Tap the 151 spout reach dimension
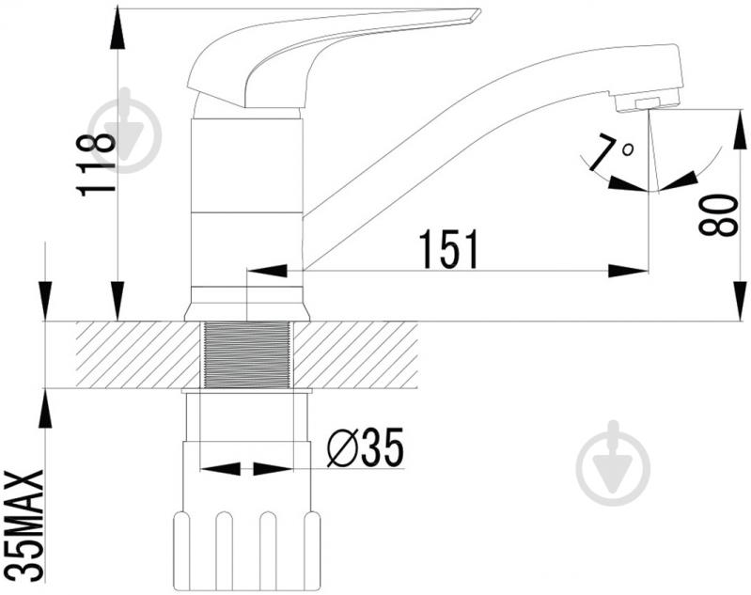pyautogui.click(x=448, y=249)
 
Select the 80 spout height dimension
pyautogui.click(x=718, y=214)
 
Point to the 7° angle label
pyautogui.click(x=611, y=153)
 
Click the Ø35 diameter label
pyautogui.click(x=366, y=447)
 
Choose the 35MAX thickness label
pyautogui.click(x=24, y=525)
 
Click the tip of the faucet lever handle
pyautogui.click(x=478, y=11)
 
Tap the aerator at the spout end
pyautogui.click(x=648, y=102)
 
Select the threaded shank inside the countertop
pyautogui.click(x=246, y=354)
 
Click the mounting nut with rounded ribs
pyautogui.click(x=246, y=551)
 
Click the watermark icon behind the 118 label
pyautogui.click(x=127, y=131)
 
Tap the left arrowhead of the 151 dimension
pyautogui.click(x=266, y=271)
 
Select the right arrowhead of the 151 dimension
pyautogui.click(x=629, y=271)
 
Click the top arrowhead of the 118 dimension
pyautogui.click(x=117, y=28)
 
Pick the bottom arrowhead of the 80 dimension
pyautogui.click(x=739, y=301)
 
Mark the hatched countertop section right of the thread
pyautogui.click(x=355, y=354)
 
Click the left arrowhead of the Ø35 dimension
pyautogui.click(x=219, y=469)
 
